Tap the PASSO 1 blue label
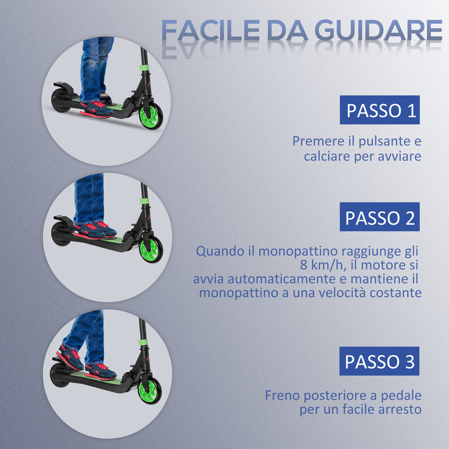tap(380, 110)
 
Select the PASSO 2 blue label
tap(380, 217)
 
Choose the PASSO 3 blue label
tap(380, 361)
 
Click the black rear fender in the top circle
tap(65, 93)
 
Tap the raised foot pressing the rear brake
tap(71, 354)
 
